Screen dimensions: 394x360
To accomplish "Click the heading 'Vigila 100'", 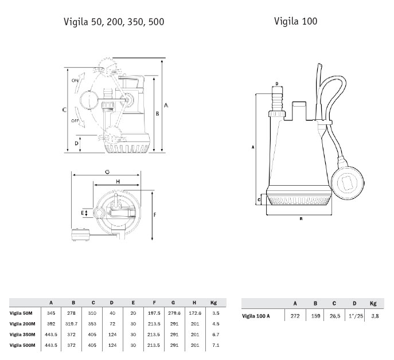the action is tap(295, 21).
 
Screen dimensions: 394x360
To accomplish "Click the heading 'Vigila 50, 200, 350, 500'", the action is tap(114, 22).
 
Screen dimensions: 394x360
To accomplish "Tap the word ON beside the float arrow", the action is tap(75, 81).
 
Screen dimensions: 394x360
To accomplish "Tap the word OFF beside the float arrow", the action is tap(75, 121).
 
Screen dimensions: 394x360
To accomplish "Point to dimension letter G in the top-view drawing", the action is tap(107, 172).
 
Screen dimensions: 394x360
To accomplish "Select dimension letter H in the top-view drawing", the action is tap(118, 181).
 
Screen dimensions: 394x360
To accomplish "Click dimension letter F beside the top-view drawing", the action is tap(155, 215).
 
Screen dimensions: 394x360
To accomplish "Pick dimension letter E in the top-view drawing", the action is tap(82, 213).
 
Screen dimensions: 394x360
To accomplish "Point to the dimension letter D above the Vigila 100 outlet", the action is tap(277, 84).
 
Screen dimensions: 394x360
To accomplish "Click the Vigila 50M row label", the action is tap(21, 313).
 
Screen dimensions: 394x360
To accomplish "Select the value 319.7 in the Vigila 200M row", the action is tap(71, 324).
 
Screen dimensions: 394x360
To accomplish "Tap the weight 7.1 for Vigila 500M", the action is tap(216, 345).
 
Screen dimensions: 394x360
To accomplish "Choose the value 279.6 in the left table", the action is tap(174, 313).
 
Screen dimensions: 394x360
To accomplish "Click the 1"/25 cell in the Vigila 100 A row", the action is tap(356, 316).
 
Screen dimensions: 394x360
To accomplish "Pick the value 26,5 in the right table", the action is tap(335, 316).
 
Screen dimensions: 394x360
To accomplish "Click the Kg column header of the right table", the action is tap(373, 303).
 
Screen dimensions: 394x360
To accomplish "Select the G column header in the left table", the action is tap(173, 303).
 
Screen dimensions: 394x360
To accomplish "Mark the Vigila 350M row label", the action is tap(22, 334).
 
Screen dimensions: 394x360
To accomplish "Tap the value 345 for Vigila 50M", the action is tap(51, 313).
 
